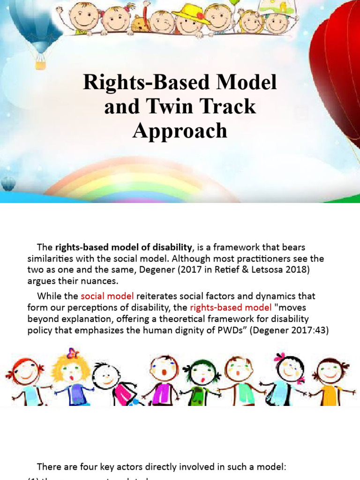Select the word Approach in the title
180,130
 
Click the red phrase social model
107,296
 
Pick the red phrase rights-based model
231,307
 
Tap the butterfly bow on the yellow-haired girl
72,353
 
